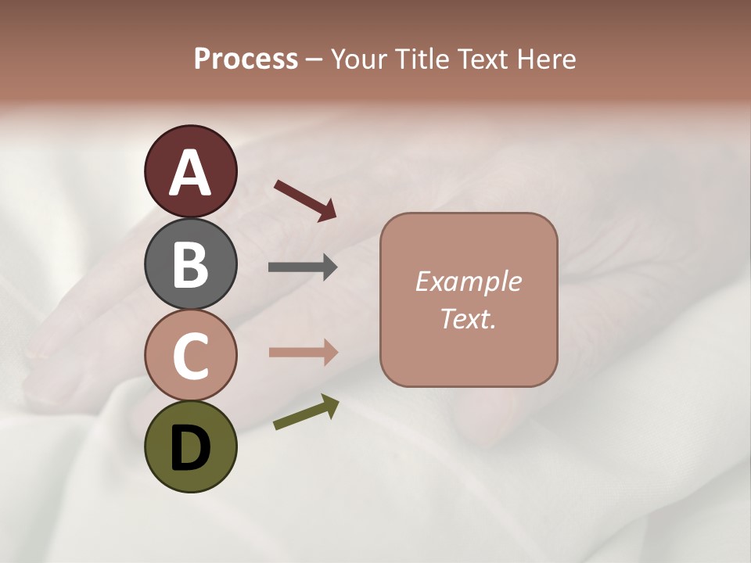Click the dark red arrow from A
pos(305,200)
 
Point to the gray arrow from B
pos(303,267)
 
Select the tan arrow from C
pos(303,353)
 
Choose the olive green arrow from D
pos(306,412)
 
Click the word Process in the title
pos(246,59)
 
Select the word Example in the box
pos(468,281)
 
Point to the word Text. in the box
pos(468,318)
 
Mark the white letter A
pos(190,173)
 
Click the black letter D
pos(190,448)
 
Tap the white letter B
pos(190,264)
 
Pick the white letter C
pos(190,356)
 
